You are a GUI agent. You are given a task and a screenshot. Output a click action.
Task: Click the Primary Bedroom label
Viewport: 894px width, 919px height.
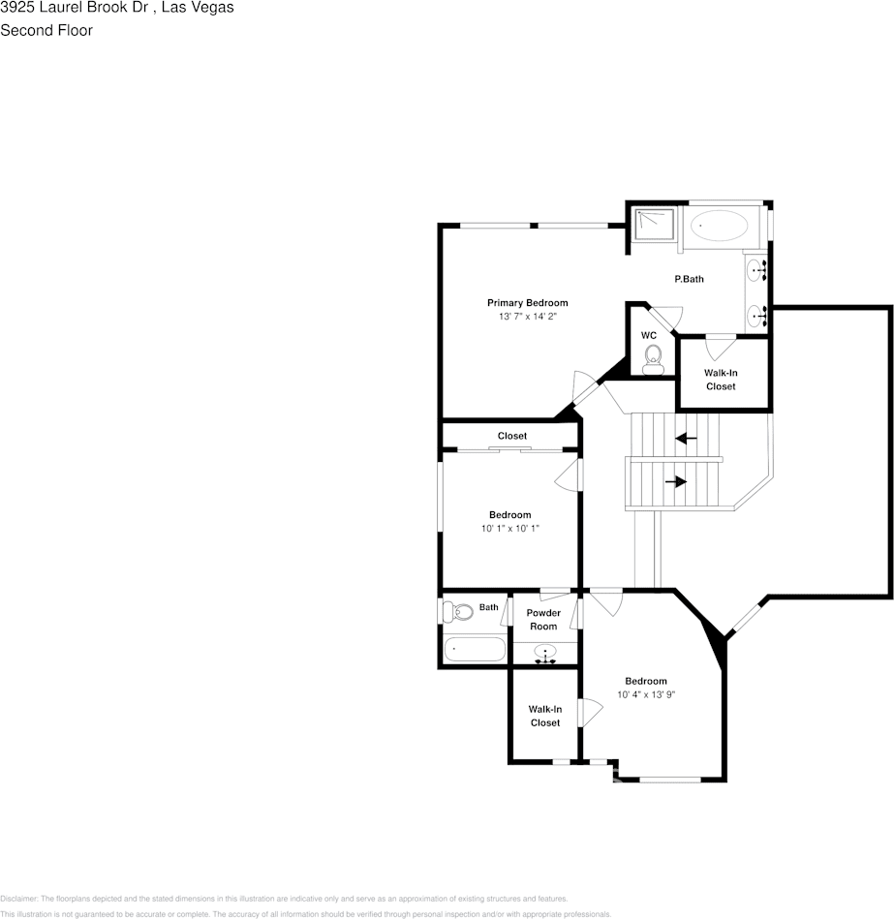point(527,303)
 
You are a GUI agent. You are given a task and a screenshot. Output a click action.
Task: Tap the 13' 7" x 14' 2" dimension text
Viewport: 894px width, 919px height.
point(527,317)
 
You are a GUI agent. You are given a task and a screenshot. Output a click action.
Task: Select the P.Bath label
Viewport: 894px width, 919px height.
point(689,279)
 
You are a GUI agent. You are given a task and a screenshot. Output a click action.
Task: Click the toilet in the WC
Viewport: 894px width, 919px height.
point(652,357)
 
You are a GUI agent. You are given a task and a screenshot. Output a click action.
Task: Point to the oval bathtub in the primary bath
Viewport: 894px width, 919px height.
point(720,228)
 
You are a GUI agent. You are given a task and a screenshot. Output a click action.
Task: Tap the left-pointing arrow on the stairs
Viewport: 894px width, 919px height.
point(686,438)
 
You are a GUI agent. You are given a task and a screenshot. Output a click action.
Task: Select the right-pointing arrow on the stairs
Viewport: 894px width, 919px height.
point(676,480)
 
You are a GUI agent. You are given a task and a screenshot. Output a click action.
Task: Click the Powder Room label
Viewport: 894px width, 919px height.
point(543,620)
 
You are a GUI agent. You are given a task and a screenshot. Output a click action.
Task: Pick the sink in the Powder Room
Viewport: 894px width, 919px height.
point(546,653)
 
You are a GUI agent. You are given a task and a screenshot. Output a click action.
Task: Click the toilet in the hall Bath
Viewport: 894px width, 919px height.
point(457,612)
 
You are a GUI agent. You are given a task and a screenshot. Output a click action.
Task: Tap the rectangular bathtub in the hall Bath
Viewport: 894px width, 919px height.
point(474,649)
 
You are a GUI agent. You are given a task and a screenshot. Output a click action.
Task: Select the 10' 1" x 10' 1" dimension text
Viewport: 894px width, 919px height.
point(509,528)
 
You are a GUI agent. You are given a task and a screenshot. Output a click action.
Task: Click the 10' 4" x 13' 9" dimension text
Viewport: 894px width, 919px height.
point(645,694)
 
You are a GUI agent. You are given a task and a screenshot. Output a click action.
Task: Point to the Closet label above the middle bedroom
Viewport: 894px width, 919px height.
point(512,436)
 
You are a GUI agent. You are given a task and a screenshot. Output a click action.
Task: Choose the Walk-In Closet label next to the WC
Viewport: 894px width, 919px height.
point(720,380)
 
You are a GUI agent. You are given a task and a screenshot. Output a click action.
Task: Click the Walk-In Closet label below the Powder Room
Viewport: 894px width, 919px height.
point(544,716)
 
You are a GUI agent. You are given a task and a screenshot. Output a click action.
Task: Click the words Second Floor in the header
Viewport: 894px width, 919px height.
point(46,30)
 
